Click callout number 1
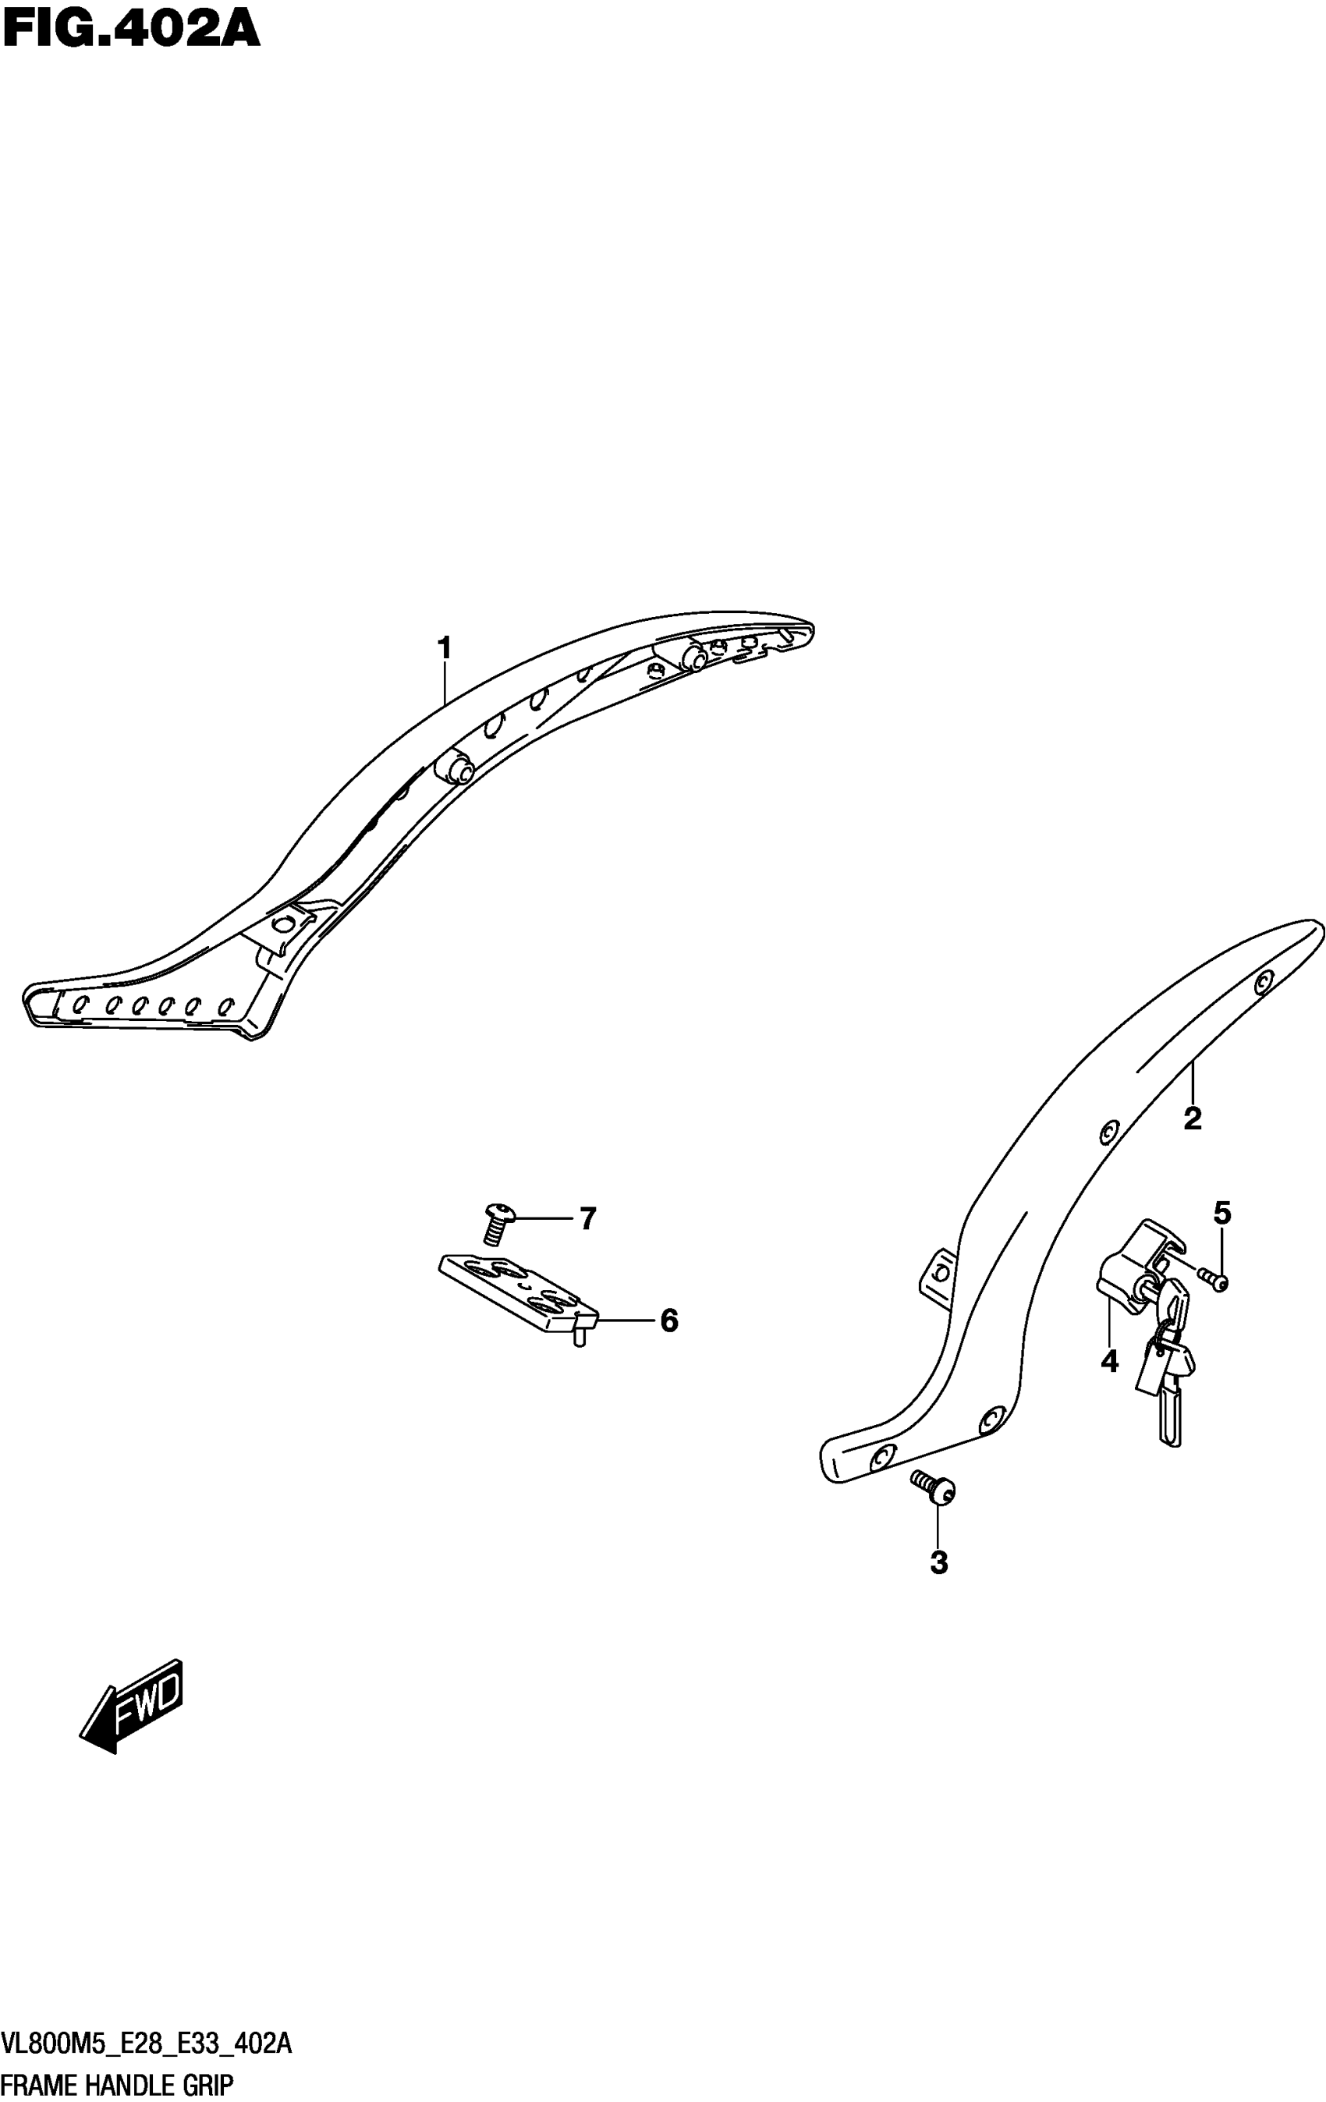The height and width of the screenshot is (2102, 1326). point(445,649)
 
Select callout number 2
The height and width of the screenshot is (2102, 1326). point(1192,1118)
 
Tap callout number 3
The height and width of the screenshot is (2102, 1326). point(938,1562)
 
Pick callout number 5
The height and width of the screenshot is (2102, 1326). point(1222,1213)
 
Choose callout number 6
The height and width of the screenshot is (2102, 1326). point(668,1320)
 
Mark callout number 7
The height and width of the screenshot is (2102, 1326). point(587,1218)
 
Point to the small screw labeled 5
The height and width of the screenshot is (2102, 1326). point(1214,1280)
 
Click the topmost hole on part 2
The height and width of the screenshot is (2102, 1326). point(1262,984)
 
